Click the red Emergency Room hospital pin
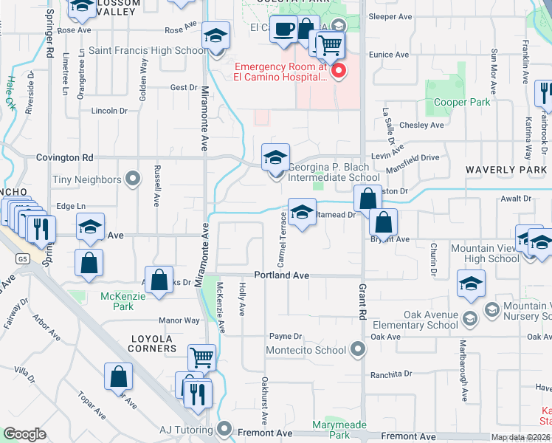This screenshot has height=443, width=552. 339,72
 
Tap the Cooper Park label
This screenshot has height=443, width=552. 462,103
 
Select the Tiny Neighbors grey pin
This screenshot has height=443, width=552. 133,179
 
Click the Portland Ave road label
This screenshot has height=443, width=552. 281,275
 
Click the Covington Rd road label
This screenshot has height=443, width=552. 66,157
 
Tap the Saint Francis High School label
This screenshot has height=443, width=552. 148,51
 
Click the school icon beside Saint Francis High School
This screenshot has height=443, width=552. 216,35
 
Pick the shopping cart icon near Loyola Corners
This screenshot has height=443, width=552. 201,357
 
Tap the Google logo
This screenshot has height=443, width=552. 24,434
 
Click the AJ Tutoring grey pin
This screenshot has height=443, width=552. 224,430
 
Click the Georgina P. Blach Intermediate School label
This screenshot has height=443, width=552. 334,172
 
